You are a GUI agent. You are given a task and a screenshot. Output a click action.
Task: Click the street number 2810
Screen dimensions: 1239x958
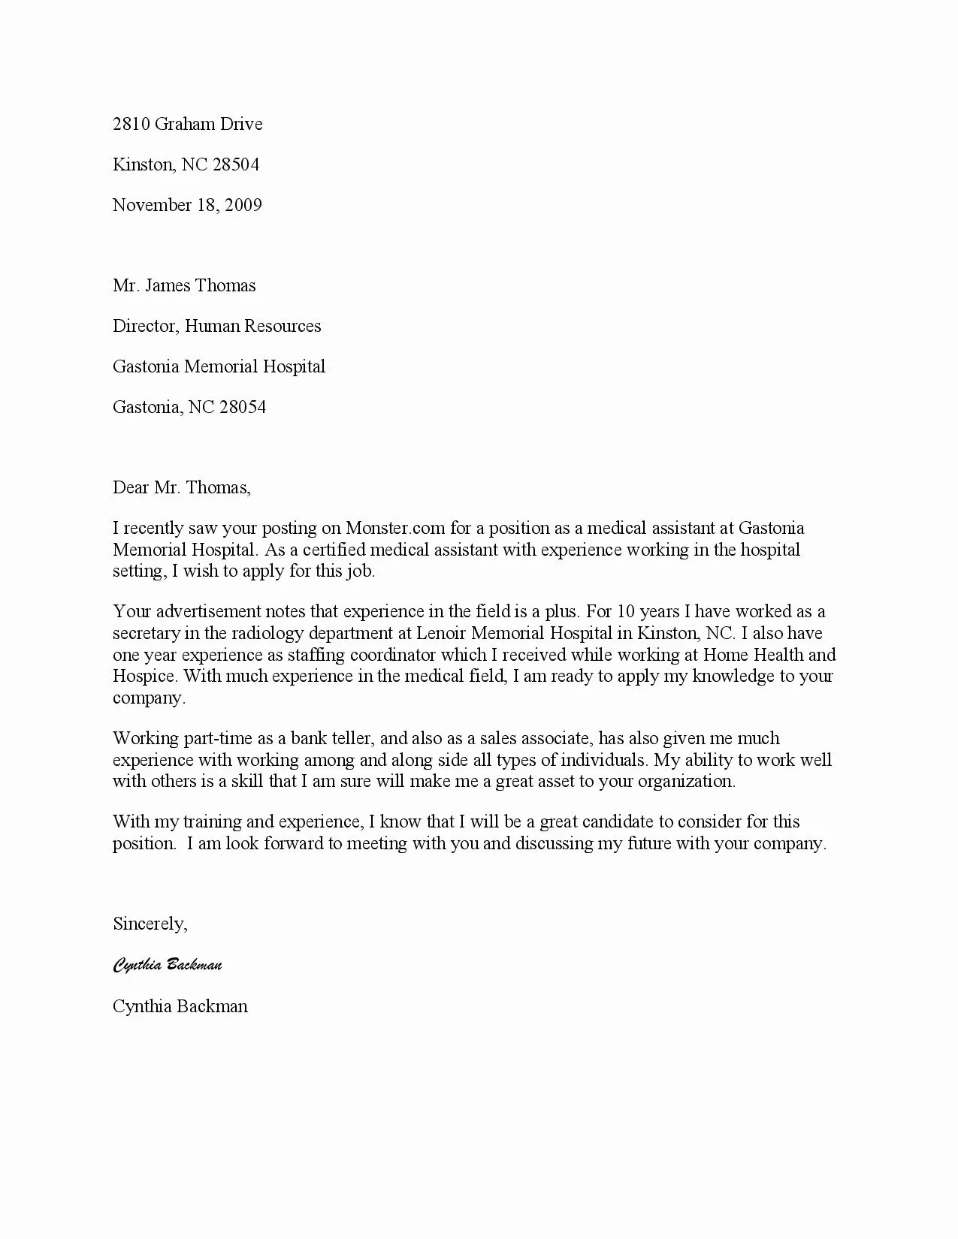pos(131,124)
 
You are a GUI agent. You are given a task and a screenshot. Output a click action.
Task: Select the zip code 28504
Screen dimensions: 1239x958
pos(236,164)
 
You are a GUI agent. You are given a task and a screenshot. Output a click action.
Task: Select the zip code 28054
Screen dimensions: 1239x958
pos(242,407)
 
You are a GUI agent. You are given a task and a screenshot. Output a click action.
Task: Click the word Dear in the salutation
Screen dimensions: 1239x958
pos(131,487)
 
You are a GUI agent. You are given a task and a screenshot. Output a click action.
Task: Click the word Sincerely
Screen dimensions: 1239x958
pos(150,924)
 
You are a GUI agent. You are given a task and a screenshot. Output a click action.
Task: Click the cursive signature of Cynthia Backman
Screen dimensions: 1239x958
pos(168,964)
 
